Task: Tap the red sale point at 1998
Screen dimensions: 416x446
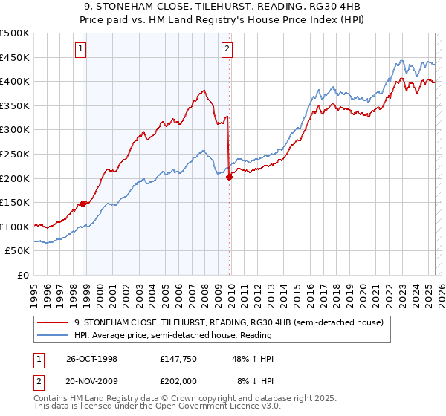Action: pos(83,203)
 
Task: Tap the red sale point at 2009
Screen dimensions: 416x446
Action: pos(229,177)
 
